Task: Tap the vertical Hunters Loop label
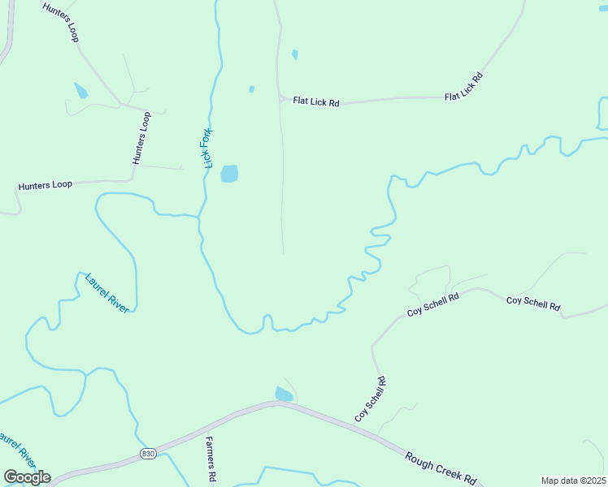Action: click(141, 138)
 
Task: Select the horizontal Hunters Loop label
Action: click(46, 185)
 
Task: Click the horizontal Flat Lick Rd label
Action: click(315, 102)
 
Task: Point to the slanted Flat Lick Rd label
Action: click(464, 87)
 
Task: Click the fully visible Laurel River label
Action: click(106, 293)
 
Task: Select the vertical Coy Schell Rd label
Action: click(370, 399)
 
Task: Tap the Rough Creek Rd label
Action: click(440, 468)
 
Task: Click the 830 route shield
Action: click(146, 453)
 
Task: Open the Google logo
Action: click(26, 476)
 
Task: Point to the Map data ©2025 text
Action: click(573, 481)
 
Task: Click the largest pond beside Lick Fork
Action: click(229, 174)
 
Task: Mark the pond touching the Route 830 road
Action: click(283, 394)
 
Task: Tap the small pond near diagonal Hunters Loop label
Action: click(80, 90)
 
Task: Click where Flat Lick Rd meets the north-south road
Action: click(280, 99)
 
